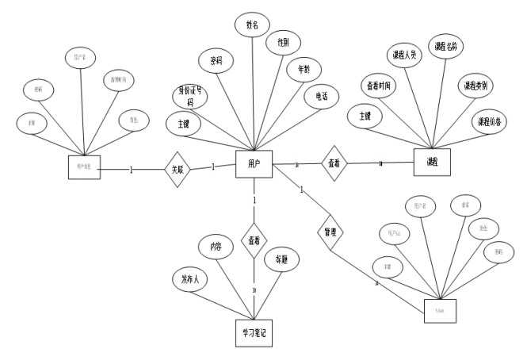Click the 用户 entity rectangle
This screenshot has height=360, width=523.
(254, 163)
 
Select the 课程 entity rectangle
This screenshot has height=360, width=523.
(432, 162)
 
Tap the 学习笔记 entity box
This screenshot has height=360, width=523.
(253, 333)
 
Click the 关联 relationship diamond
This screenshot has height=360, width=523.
(178, 169)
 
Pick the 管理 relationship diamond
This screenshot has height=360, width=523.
(330, 232)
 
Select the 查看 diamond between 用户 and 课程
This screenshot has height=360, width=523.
(334, 163)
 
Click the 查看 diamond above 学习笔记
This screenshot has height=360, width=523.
(254, 239)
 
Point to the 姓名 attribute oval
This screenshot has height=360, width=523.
(253, 25)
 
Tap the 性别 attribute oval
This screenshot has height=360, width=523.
(283, 43)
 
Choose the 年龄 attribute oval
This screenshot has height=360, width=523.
(303, 69)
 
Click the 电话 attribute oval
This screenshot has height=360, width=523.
(322, 96)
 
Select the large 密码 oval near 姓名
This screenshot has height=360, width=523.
(216, 60)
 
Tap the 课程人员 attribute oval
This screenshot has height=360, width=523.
(403, 55)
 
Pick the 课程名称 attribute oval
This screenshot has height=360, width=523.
(445, 47)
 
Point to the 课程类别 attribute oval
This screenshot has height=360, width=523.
(475, 85)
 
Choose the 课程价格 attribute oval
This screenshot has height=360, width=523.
(489, 121)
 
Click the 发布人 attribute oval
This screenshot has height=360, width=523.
(190, 279)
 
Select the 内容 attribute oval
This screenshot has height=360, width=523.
(216, 246)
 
